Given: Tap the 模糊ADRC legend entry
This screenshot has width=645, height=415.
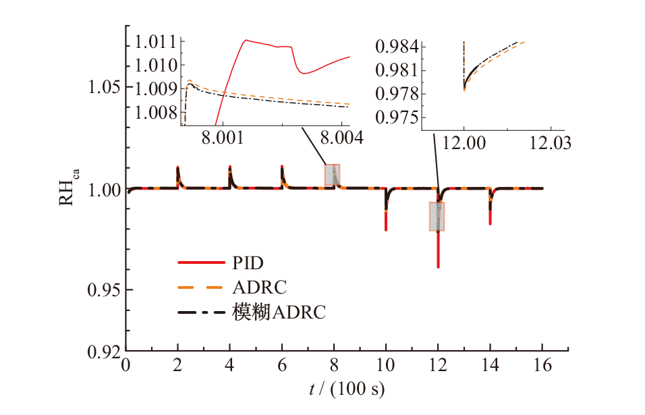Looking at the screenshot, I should pyautogui.click(x=279, y=313).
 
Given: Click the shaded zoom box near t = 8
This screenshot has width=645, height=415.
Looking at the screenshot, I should pyautogui.click(x=333, y=174).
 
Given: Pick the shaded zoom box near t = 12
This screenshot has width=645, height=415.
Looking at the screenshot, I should pyautogui.click(x=437, y=216).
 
